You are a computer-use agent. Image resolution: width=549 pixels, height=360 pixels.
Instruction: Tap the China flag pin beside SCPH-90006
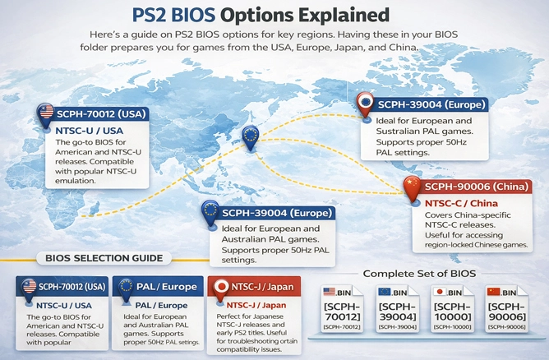point(411,187)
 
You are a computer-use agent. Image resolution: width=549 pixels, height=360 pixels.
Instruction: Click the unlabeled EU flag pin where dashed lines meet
point(250,136)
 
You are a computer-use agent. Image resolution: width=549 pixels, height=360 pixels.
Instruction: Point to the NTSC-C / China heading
point(461,202)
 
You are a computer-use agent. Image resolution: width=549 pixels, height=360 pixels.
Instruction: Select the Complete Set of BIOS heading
point(420,273)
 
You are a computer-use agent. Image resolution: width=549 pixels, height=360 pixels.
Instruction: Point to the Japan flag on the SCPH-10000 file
point(441,291)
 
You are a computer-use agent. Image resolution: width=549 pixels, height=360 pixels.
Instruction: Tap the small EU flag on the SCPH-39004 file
point(384,291)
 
